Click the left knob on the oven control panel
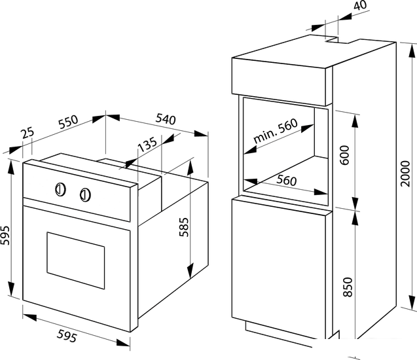coord(60,190)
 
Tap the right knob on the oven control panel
coord(85,194)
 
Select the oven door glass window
coord(76,261)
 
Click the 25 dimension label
coord(27,133)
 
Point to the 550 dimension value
coord(68,122)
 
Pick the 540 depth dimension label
coord(166,119)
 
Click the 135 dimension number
coord(148,144)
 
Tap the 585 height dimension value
coord(184,227)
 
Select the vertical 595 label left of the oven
coord(5,235)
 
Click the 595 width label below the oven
coord(67,336)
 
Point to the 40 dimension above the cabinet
coord(360,6)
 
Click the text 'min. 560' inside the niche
coord(275,131)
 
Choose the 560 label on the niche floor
coord(287,180)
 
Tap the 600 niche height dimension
coord(344,155)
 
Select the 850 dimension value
coord(348,287)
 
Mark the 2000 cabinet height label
coord(405,173)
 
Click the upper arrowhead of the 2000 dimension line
coord(412,50)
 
